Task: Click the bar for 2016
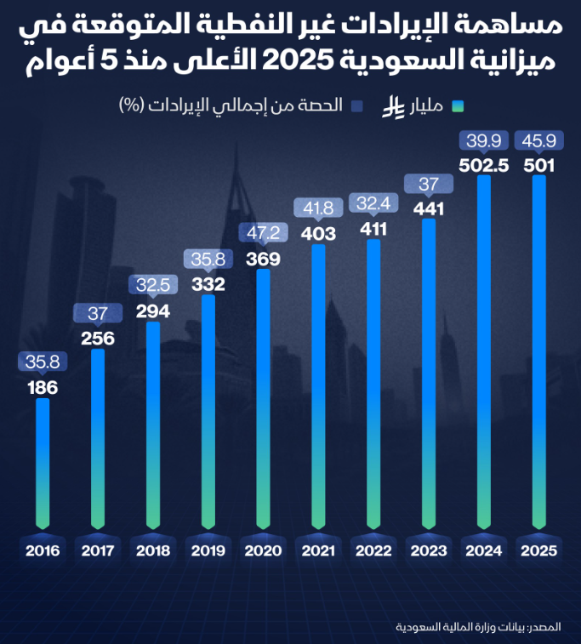tap(43, 464)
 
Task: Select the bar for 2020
tap(264, 400)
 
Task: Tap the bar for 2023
tap(429, 374)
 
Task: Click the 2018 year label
tap(153, 550)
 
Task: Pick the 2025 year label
tap(539, 550)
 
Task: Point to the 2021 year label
tap(318, 550)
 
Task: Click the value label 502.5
tap(484, 166)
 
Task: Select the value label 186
tap(43, 388)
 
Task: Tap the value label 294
tap(153, 311)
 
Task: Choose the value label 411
tap(373, 230)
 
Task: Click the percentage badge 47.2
tap(263, 231)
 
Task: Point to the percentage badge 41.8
tap(318, 207)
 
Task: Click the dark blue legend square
tap(357, 106)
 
